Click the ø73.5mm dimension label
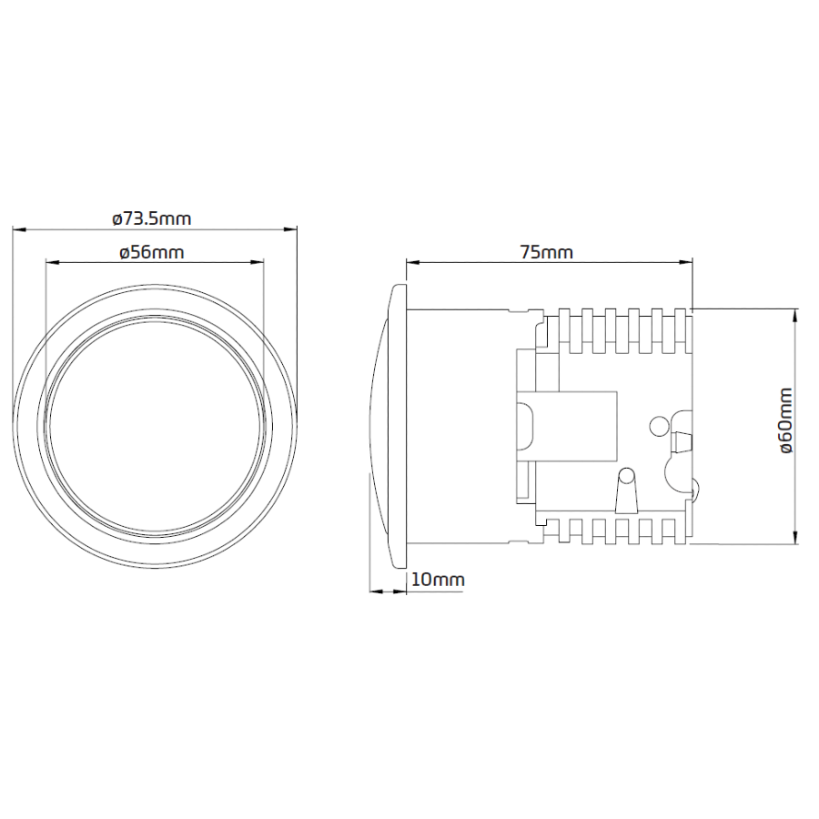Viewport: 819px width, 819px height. [x=152, y=218]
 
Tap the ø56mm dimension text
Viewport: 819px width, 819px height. [x=152, y=253]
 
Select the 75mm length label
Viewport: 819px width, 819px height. [x=546, y=253]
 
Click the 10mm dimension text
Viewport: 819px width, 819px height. [x=438, y=580]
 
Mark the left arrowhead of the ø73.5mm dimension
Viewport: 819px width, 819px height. [x=19, y=228]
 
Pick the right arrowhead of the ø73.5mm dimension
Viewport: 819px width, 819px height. [x=290, y=228]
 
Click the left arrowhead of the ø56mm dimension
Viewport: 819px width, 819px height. [x=54, y=263]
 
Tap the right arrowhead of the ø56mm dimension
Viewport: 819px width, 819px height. [x=257, y=263]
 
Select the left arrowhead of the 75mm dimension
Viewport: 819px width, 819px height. [x=414, y=263]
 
